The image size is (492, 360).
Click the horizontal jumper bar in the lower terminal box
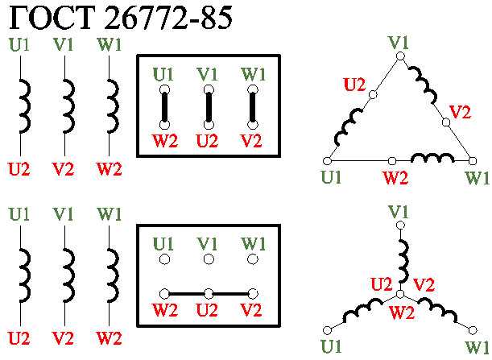click(x=209, y=292)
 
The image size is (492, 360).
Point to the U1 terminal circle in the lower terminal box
click(x=164, y=259)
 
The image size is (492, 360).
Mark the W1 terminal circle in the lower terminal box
click(x=253, y=259)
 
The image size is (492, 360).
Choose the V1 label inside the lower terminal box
click(x=208, y=242)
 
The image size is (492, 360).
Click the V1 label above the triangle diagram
click(x=398, y=41)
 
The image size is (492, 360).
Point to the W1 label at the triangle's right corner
click(x=477, y=176)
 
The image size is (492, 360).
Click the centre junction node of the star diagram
click(x=399, y=292)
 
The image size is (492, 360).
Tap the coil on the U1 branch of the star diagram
click(x=362, y=309)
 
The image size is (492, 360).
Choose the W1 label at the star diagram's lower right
click(x=476, y=347)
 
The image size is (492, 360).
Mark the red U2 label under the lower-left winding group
click(x=19, y=337)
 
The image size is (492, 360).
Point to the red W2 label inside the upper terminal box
click(x=164, y=141)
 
